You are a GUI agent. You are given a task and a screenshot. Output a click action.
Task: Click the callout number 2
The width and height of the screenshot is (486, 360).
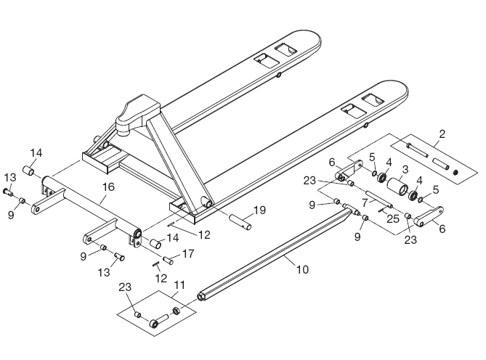pyautogui.click(x=441, y=134)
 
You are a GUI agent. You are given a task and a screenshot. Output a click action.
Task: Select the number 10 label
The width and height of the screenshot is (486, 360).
pyautogui.click(x=302, y=269)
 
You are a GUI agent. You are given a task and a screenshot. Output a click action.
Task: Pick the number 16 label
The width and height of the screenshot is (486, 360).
pyautogui.click(x=108, y=187)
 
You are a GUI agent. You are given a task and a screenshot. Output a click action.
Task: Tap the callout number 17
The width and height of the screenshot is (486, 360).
pyautogui.click(x=188, y=254)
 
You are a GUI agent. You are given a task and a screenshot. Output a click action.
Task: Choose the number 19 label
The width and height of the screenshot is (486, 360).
pyautogui.click(x=259, y=211)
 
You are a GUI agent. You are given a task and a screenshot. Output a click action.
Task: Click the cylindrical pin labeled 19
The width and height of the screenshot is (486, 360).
pyautogui.click(x=240, y=221)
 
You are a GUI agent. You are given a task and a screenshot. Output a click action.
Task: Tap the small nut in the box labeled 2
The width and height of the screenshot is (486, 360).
pyautogui.click(x=455, y=172)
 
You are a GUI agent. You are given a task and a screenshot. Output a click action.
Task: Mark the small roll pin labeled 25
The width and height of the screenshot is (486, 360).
pyautogui.click(x=382, y=210)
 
